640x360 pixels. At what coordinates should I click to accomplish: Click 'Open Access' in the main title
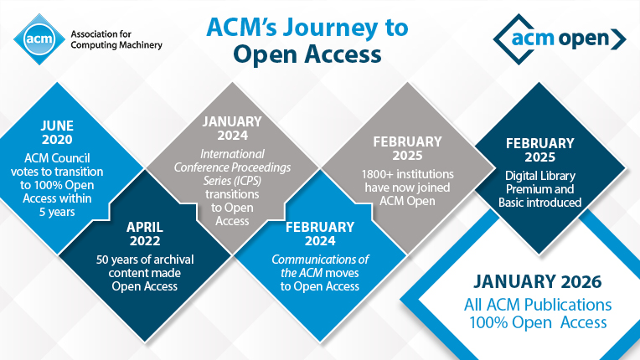pos(307,54)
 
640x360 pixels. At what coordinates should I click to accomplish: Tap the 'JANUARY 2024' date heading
pos(232,130)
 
